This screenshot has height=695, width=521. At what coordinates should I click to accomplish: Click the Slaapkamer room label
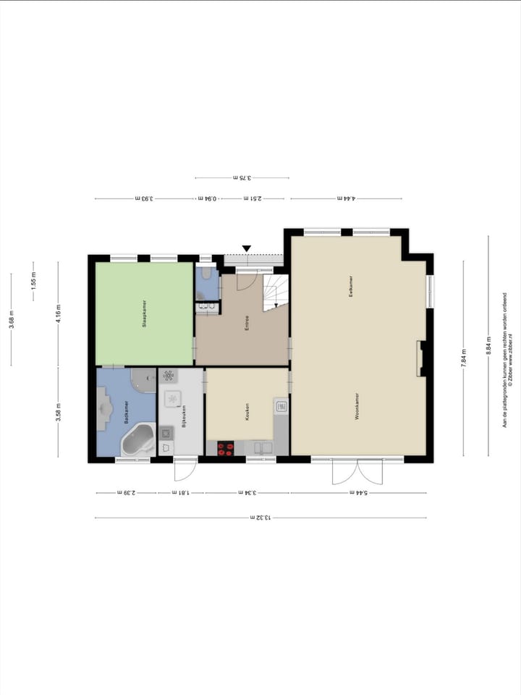pos(145,314)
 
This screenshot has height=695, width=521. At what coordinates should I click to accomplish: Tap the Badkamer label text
pos(126,413)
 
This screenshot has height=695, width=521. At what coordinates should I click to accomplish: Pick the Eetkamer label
pos(351,287)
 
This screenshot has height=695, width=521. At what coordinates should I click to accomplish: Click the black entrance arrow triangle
pos(246,249)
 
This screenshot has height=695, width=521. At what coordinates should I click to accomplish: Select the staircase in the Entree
pos(275,292)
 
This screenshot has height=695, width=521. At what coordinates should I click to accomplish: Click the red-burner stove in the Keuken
pos(226,448)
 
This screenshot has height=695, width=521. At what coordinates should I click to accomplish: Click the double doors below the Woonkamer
pos(358,472)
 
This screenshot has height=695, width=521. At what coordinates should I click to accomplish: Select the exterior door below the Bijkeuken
pos(185,469)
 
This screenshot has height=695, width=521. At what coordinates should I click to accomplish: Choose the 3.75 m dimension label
pos(241,177)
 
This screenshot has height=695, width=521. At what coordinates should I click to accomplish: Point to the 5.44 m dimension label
pos(359,493)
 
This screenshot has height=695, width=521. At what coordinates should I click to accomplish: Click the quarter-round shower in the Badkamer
pos(144,380)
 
